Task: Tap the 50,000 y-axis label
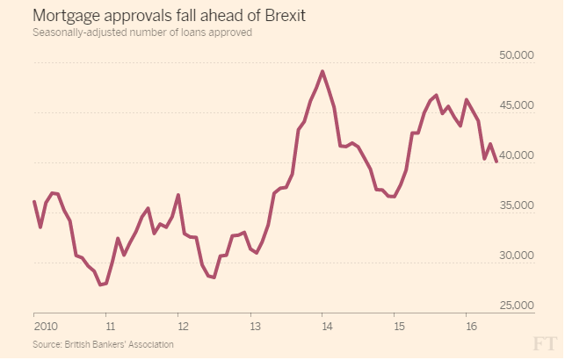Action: click(x=517, y=55)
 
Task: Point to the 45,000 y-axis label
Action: click(x=517, y=105)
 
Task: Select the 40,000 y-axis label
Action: click(x=517, y=155)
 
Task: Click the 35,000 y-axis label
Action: click(x=517, y=205)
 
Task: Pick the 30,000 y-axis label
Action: click(x=517, y=256)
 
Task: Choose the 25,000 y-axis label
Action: click(x=517, y=306)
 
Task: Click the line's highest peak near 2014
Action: click(x=322, y=71)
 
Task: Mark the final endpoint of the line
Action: click(x=497, y=162)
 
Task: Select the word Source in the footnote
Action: click(x=47, y=344)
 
